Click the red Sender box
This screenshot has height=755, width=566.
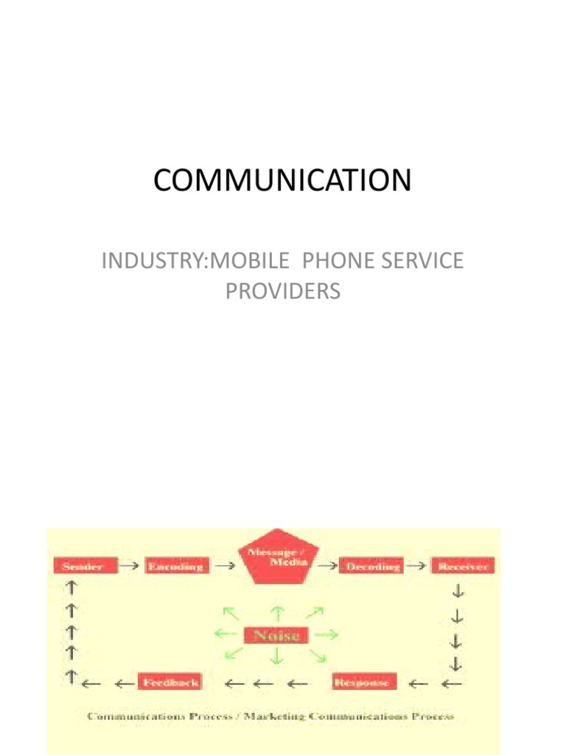[82, 566]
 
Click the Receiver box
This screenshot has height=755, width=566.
[462, 566]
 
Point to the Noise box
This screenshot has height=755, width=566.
[278, 634]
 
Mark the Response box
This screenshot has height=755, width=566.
[365, 682]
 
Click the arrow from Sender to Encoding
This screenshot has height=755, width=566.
[130, 566]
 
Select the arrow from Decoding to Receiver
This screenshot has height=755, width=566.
[417, 566]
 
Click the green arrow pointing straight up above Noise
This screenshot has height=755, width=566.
[278, 612]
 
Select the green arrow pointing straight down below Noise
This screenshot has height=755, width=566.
[278, 656]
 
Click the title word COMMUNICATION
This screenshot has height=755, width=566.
[283, 181]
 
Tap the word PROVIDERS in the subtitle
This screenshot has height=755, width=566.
[283, 291]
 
